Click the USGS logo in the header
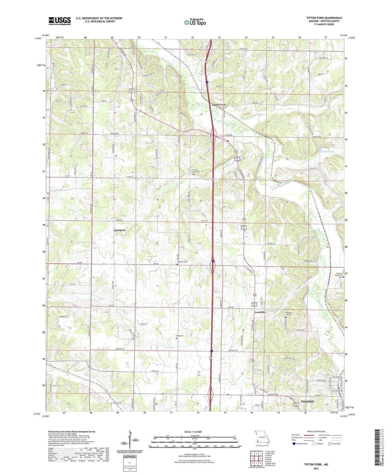[x=60, y=21]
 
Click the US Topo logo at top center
[x=195, y=22]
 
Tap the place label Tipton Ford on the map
[x=218, y=105]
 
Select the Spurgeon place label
[x=119, y=230]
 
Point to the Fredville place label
[x=260, y=312]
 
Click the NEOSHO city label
[x=307, y=401]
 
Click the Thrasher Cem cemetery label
[x=182, y=262]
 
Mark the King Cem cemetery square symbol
[x=176, y=338]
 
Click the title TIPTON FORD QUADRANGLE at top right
[x=324, y=18]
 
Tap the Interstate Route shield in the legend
[x=294, y=444]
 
